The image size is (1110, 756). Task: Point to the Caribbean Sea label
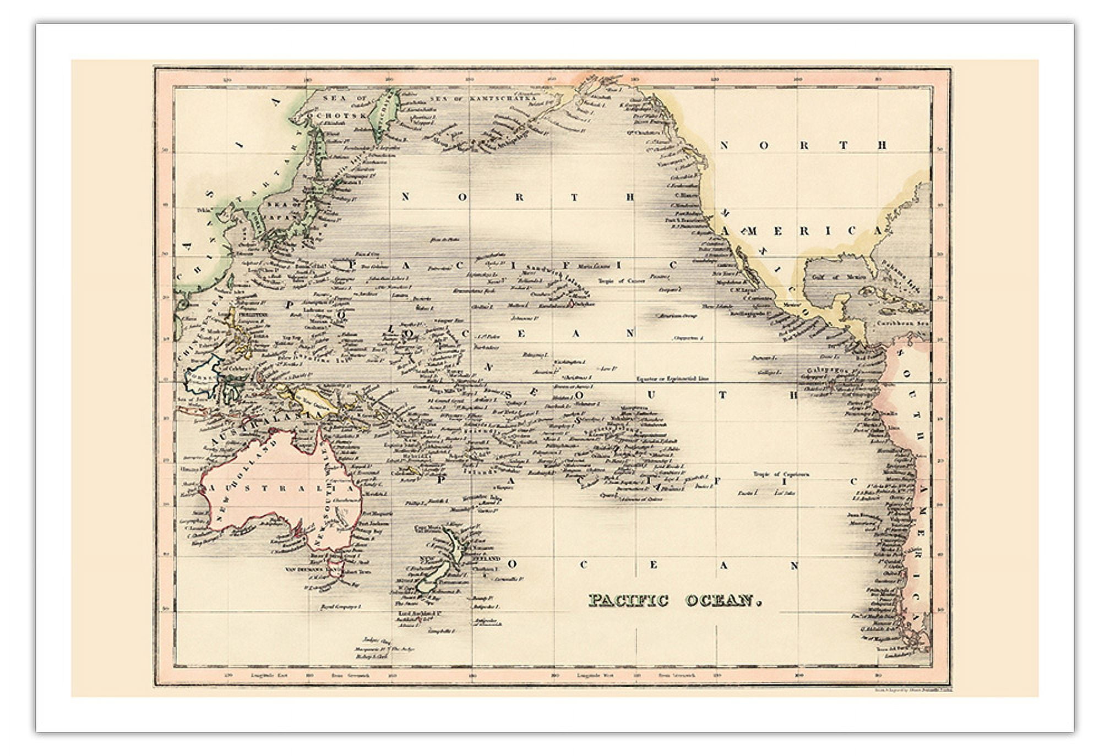tap(902, 324)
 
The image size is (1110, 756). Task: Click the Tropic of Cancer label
tap(622, 281)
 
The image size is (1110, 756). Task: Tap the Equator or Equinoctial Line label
tap(672, 379)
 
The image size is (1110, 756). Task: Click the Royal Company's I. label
tap(340, 607)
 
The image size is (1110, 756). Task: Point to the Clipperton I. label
tap(688, 338)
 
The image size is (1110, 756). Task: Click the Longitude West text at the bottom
tap(595, 675)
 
